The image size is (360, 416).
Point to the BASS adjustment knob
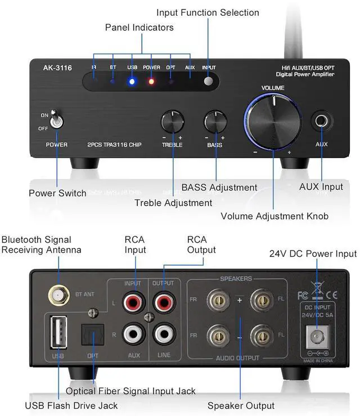(214, 122)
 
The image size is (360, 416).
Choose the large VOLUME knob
(273, 121)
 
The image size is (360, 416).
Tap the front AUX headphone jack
(321, 121)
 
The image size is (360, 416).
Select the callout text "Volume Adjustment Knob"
(274, 216)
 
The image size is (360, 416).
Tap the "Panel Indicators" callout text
(139, 27)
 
